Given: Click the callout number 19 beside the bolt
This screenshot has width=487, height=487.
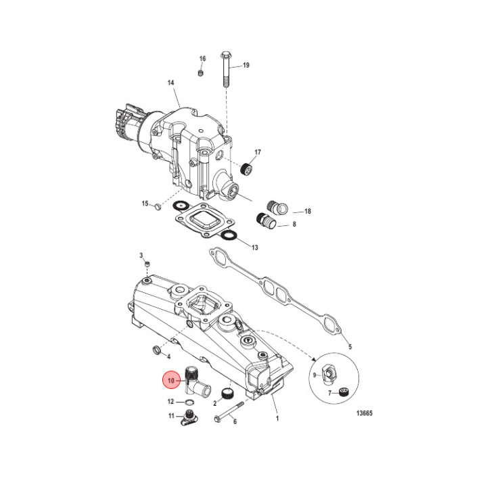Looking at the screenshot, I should point(246,65).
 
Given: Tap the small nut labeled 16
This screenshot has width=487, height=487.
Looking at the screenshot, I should point(202,72).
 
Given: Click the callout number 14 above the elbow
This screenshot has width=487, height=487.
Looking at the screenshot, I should point(171,83).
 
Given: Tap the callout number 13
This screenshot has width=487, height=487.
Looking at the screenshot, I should point(254,248).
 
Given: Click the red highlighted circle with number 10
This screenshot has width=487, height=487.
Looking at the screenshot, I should point(172,381).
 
